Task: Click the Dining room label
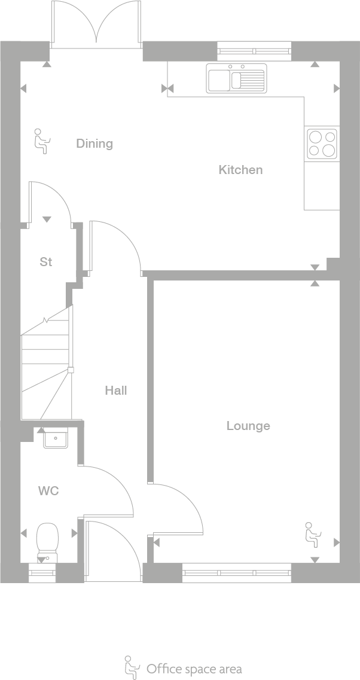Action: (94, 144)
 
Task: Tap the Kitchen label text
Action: (240, 170)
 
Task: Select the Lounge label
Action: (248, 426)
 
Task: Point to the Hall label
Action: (116, 391)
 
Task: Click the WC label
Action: (48, 491)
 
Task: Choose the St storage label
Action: (46, 262)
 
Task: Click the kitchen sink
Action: (236, 78)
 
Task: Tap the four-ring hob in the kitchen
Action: (322, 144)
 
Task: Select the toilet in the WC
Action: (47, 541)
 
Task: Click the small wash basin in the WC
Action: (56, 440)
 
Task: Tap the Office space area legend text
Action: (194, 669)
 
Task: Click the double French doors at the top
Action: (96, 24)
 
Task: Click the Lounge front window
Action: (237, 573)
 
